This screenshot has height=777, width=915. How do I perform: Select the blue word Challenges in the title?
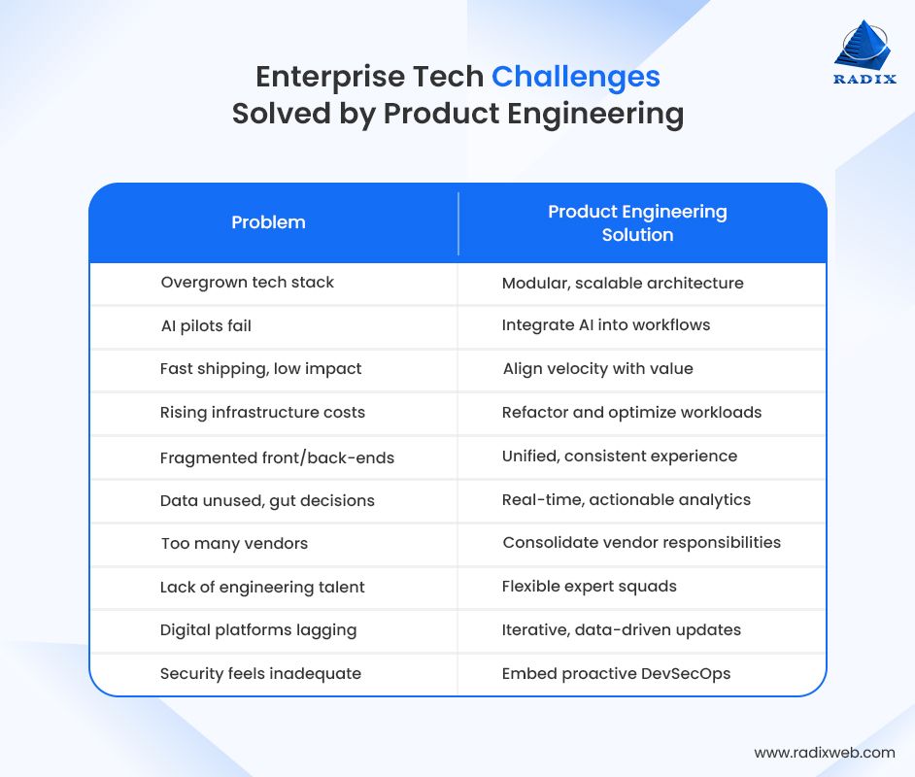click(x=575, y=77)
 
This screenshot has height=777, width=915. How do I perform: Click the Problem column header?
click(x=268, y=222)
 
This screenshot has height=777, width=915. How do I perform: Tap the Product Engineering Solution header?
click(x=637, y=223)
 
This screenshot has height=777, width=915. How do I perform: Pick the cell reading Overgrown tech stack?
click(x=247, y=283)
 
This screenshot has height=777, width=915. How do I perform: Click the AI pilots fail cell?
click(x=206, y=326)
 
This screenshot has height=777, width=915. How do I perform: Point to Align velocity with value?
click(x=597, y=369)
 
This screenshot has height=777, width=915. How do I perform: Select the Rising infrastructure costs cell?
click(x=262, y=413)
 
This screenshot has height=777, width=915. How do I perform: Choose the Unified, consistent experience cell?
click(x=619, y=456)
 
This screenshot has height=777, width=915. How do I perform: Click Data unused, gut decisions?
click(x=267, y=501)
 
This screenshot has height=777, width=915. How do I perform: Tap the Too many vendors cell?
click(x=234, y=544)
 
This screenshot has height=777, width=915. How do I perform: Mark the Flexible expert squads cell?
click(x=589, y=587)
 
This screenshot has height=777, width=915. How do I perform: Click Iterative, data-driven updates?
click(x=621, y=630)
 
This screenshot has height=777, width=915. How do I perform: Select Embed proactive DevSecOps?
click(x=616, y=674)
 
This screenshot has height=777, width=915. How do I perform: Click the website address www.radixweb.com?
click(x=824, y=753)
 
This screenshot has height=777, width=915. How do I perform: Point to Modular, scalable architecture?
click(x=622, y=284)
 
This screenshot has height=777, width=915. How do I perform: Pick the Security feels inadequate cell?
click(x=260, y=674)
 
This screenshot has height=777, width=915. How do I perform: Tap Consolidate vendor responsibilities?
click(x=641, y=543)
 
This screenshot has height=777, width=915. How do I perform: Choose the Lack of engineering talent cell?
click(x=262, y=588)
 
